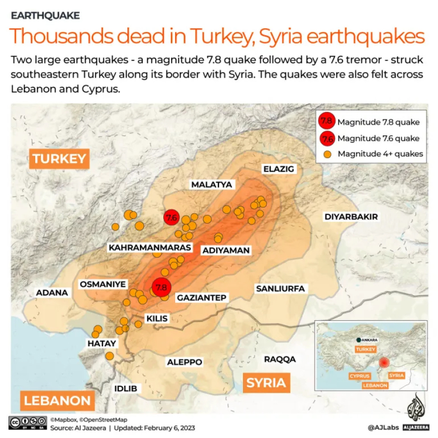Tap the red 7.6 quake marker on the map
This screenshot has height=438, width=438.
pos(171,218)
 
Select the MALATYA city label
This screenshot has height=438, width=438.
pos(212,185)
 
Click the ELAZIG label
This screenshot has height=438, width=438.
pos(279,169)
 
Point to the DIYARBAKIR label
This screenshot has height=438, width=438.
pos(351,217)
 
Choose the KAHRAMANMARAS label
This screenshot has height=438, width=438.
pos(150,247)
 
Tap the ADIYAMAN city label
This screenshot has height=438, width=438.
pos(225,250)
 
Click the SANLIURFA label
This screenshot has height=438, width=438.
pos(280,288)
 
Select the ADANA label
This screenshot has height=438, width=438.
pos(52,293)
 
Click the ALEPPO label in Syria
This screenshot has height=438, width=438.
pos(185,362)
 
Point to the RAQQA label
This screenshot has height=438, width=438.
pos(280,359)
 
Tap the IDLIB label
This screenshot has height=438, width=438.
pos(125,388)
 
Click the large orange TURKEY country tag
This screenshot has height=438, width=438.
pos(60,159)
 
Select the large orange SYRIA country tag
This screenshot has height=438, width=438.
pos(266,382)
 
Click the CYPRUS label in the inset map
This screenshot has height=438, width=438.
pos(359,376)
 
